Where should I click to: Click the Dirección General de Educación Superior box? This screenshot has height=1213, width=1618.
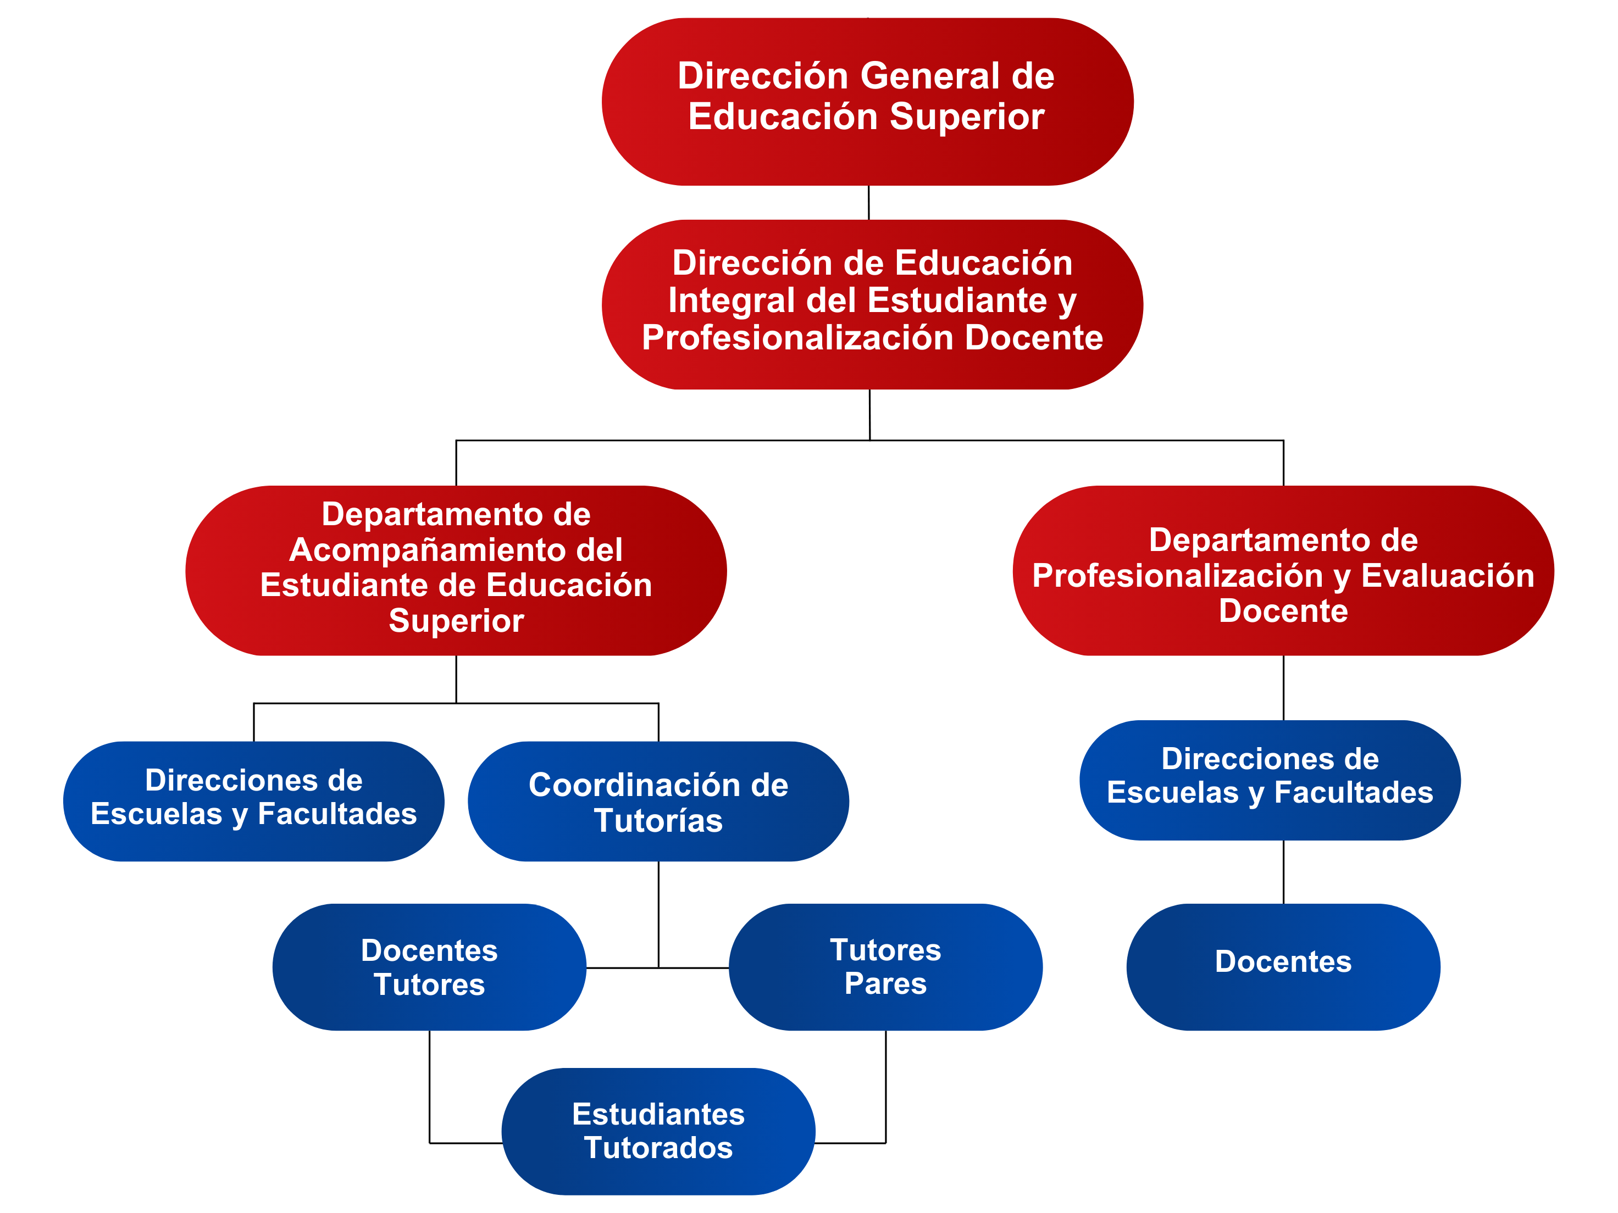coord(867,102)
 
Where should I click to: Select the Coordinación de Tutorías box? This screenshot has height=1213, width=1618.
coord(658,802)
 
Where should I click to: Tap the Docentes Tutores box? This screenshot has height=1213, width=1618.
coord(429,967)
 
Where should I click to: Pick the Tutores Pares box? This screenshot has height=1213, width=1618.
coord(886,967)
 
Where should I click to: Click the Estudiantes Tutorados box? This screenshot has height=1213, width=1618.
coord(658,1131)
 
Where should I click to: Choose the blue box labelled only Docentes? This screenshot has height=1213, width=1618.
coord(1284,967)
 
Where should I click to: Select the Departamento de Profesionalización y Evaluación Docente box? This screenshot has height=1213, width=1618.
coord(1284,570)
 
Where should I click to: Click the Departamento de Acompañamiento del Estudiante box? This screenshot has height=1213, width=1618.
coord(456,570)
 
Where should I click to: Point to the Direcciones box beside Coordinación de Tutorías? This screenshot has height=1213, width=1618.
coord(254,802)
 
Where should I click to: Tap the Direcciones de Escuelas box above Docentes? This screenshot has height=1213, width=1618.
coord(1271,780)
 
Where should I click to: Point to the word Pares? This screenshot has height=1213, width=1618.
coord(886,983)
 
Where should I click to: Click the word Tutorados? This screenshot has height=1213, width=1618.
coord(658,1147)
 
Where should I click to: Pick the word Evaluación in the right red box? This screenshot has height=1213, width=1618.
coord(1448,575)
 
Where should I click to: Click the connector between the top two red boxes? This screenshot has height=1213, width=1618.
coord(869,203)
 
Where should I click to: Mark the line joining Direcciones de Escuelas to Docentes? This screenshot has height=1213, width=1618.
coord(1284,871)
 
